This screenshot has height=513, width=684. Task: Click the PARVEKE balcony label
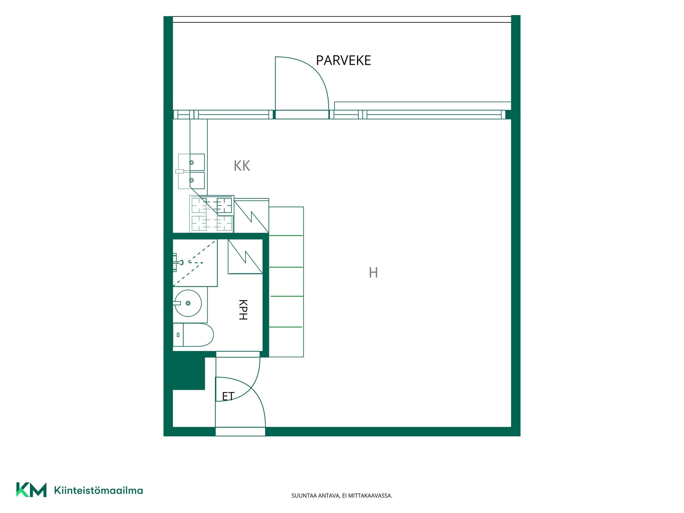[x=343, y=61]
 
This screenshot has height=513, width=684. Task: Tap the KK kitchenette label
[x=242, y=166]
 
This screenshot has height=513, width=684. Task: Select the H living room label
[x=373, y=273]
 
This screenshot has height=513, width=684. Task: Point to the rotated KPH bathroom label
[x=243, y=310]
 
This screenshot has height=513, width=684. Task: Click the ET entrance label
[x=228, y=396]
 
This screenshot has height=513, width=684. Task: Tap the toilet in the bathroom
[x=193, y=335]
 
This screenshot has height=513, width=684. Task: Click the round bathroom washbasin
[x=188, y=303]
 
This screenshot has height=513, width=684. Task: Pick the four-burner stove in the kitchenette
[x=212, y=214]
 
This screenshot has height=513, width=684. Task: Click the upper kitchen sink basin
[x=192, y=162]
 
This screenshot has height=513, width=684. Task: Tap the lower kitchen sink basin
[x=192, y=180]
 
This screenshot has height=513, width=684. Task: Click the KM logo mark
[x=31, y=490]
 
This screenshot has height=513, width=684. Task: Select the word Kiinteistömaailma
[x=98, y=491]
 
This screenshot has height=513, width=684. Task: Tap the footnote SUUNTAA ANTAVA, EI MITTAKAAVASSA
[x=342, y=496]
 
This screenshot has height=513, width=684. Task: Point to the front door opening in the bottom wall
[x=240, y=431]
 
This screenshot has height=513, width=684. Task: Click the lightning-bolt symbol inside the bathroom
[x=245, y=256]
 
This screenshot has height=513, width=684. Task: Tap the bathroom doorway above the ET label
[x=238, y=354]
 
